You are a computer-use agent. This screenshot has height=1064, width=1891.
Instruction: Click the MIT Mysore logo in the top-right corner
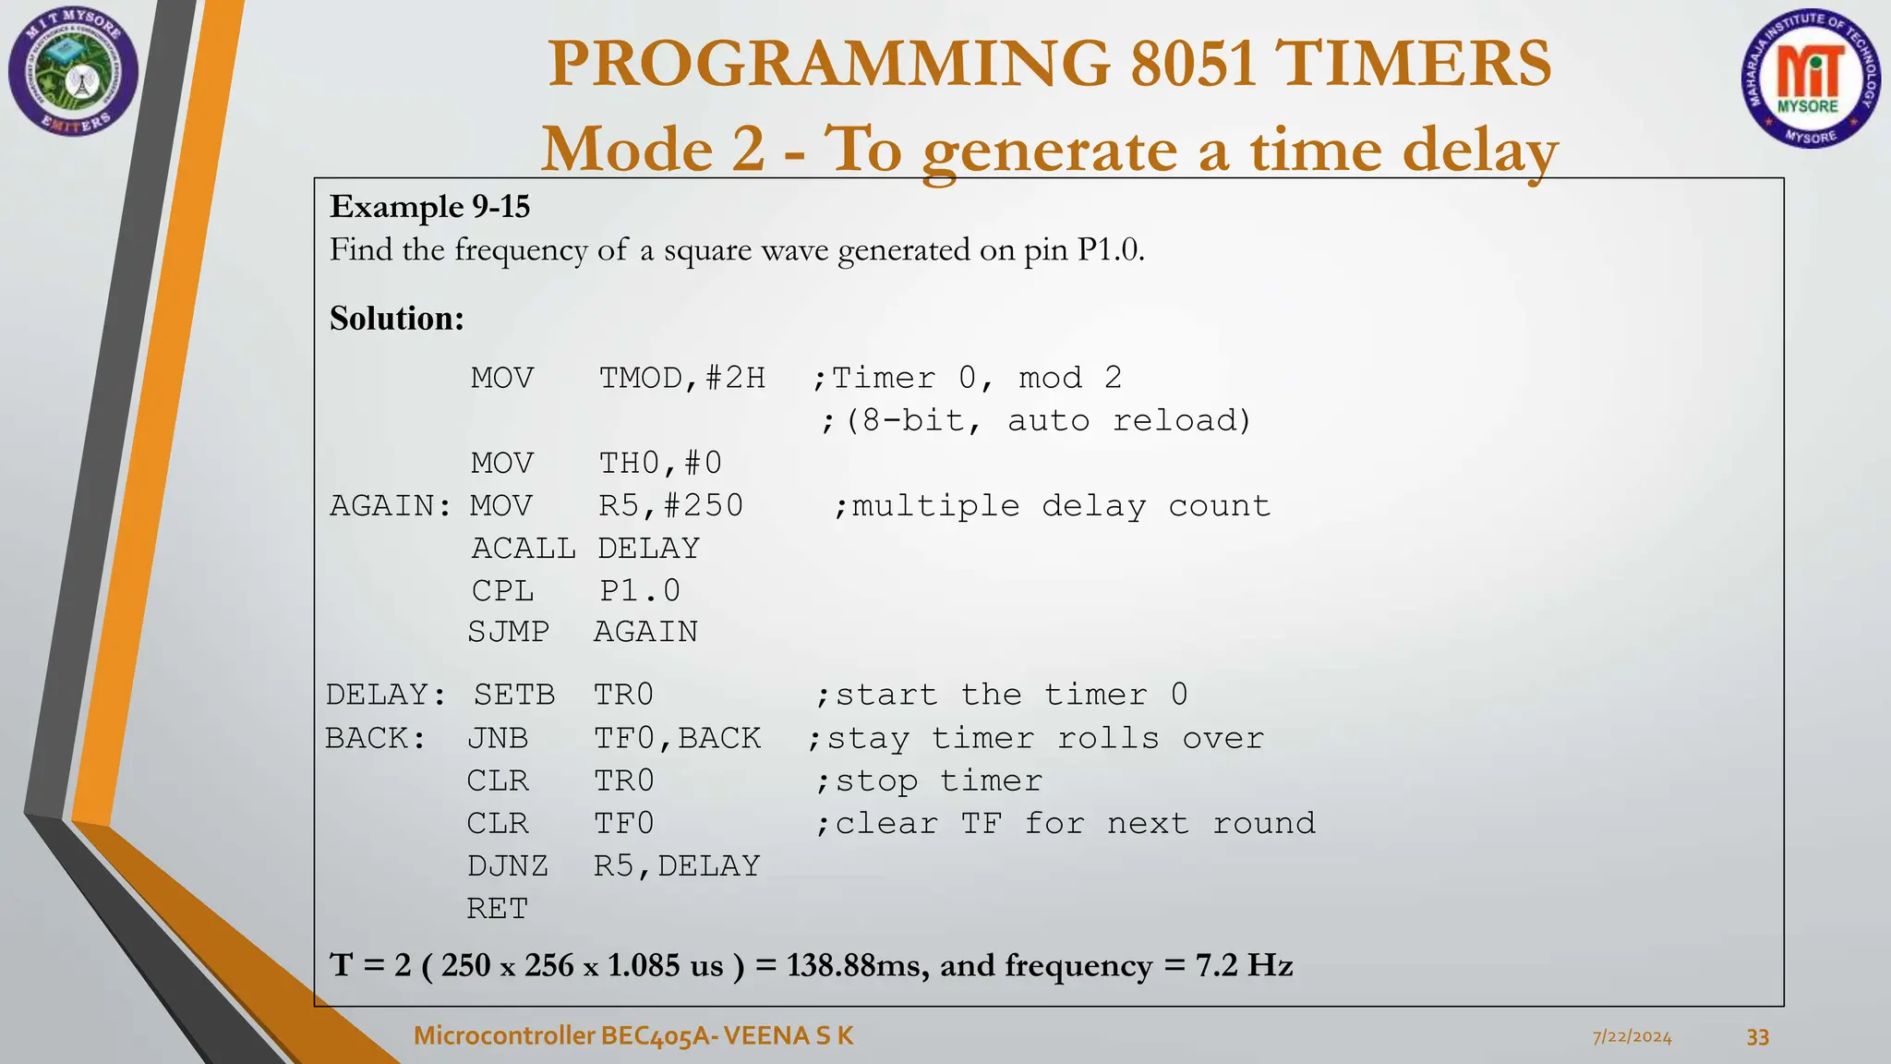tap(1810, 79)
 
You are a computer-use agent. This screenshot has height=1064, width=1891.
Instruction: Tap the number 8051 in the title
tap(1192, 63)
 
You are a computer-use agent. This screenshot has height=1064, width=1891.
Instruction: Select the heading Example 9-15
tap(429, 206)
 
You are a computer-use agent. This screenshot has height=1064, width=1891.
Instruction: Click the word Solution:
tap(397, 319)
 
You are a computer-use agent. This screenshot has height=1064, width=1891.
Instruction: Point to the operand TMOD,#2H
tap(682, 378)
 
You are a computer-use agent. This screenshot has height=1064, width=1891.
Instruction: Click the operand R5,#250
tap(670, 505)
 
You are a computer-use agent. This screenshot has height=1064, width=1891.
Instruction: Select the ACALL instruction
tap(523, 548)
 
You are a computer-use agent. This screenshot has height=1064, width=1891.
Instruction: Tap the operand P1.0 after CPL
tap(639, 590)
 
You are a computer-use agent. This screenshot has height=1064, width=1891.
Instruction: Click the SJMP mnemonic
tap(508, 632)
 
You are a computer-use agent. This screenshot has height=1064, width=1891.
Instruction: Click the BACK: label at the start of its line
tap(376, 738)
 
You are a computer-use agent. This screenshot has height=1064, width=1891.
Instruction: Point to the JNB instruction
tap(498, 738)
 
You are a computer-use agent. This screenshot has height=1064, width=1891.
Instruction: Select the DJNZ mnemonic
tap(507, 865)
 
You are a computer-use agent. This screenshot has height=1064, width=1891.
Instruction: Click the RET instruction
tap(497, 908)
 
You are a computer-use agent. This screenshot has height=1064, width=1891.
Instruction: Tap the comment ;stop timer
tap(929, 781)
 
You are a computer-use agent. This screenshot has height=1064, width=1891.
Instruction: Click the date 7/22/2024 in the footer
tap(1632, 1037)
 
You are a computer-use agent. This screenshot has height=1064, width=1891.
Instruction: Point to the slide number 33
tap(1757, 1037)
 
